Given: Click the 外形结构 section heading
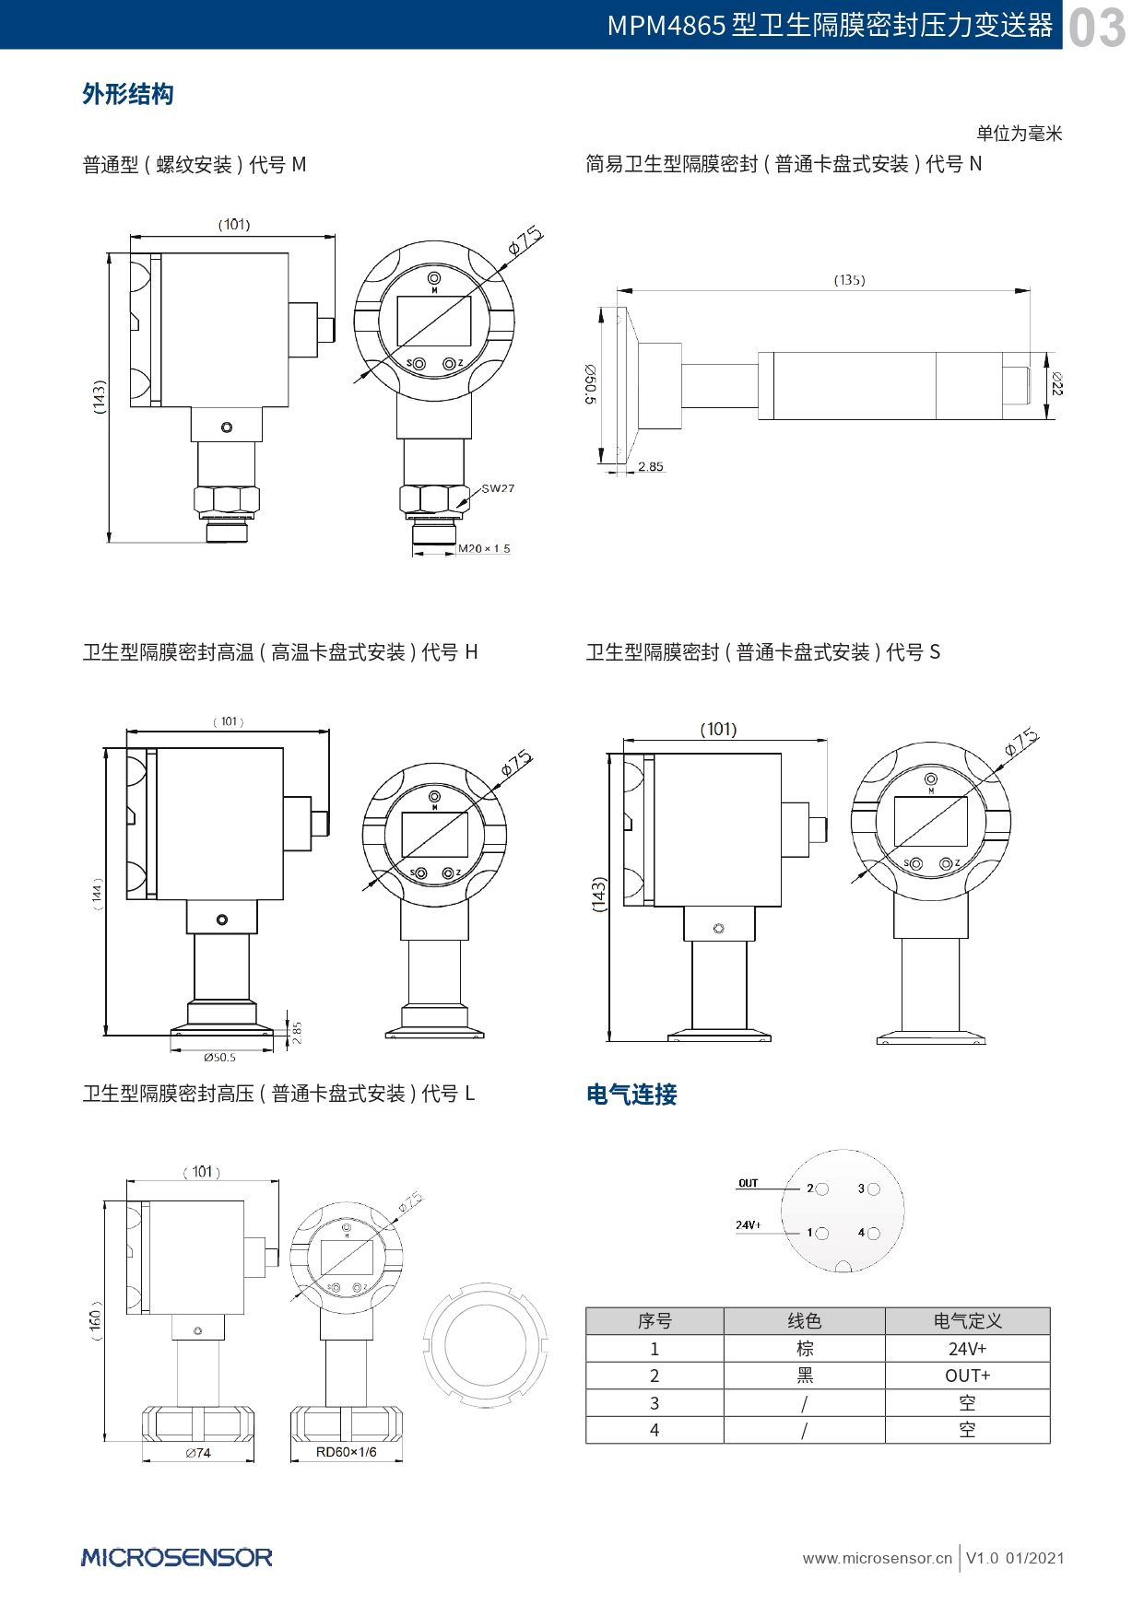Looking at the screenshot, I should [x=128, y=94].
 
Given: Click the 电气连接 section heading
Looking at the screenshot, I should [x=631, y=1095].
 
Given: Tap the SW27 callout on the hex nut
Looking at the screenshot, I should [x=498, y=488].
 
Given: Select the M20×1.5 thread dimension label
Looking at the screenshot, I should [x=484, y=548].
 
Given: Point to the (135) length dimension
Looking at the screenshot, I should [x=849, y=279].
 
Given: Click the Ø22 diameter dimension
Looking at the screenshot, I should [x=1056, y=383].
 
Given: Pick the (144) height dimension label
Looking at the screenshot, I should [x=98, y=894].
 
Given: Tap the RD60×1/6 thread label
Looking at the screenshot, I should [x=346, y=1452].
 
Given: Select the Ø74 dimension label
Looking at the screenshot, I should [x=197, y=1453].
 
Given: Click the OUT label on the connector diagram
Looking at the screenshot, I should [x=748, y=1183].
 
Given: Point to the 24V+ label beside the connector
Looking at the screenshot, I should [x=749, y=1225].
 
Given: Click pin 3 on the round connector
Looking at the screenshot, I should [x=873, y=1189].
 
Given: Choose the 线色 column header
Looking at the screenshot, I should [x=804, y=1321].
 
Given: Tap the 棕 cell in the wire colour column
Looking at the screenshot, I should [x=804, y=1349].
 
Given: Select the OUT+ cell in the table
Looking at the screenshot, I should [x=967, y=1376].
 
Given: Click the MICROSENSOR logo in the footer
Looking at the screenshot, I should [x=177, y=1558].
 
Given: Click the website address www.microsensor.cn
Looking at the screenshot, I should [x=877, y=1559].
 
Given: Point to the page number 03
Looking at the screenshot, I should [x=1097, y=28].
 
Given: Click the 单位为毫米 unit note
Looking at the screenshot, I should [x=1020, y=134].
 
